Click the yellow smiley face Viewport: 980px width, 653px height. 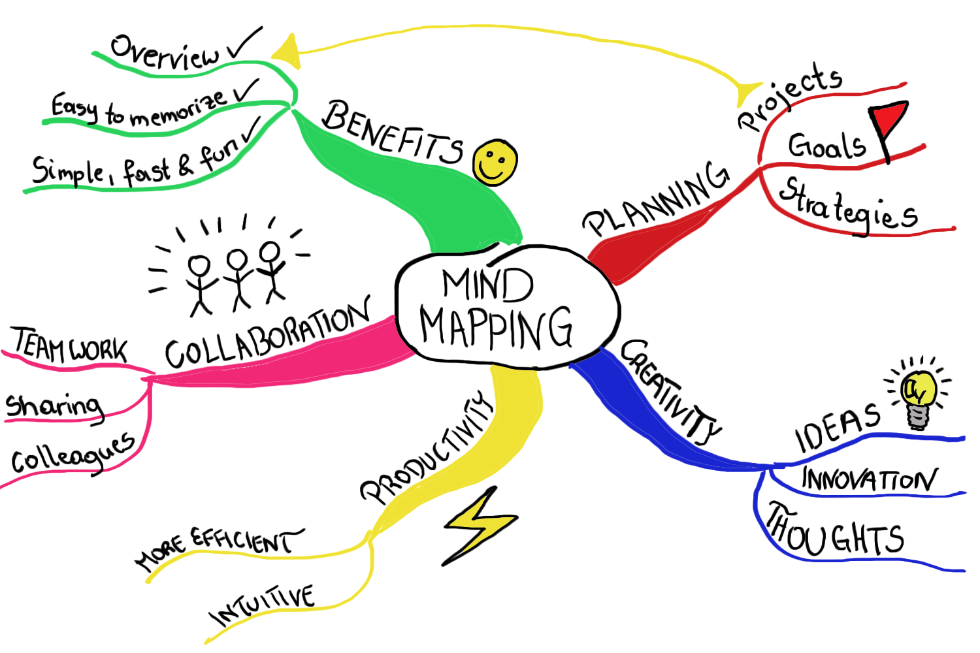click(x=495, y=162)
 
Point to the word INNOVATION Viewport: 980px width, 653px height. click(x=869, y=480)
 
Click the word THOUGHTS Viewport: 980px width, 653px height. click(x=836, y=532)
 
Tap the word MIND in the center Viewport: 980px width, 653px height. click(x=487, y=285)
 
